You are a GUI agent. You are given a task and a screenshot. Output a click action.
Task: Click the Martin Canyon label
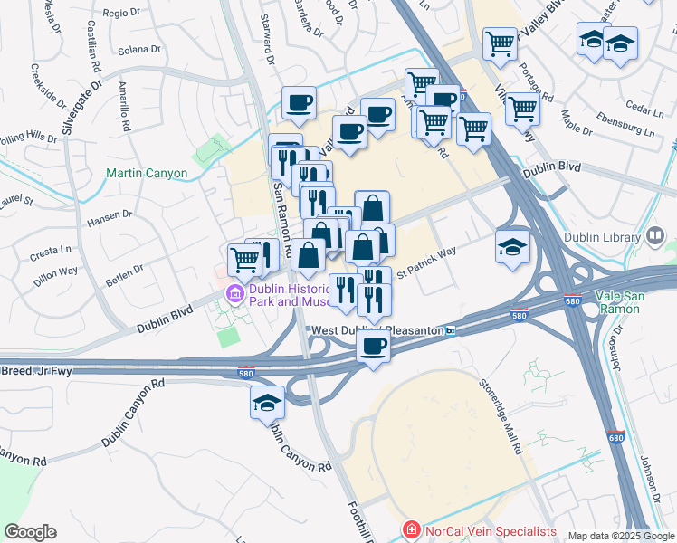click(147, 173)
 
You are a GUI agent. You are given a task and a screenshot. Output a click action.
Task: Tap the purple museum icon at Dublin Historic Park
click(234, 293)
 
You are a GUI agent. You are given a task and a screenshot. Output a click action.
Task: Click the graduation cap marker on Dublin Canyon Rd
click(268, 403)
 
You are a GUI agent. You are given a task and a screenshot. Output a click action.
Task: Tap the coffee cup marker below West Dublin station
click(373, 345)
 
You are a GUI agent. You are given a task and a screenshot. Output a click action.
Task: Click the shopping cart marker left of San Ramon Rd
click(244, 259)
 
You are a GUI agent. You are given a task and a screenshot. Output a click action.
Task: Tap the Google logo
click(30, 531)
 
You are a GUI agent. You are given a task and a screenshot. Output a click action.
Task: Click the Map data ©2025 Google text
click(621, 536)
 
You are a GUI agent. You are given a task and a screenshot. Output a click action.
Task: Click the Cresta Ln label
click(52, 251)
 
